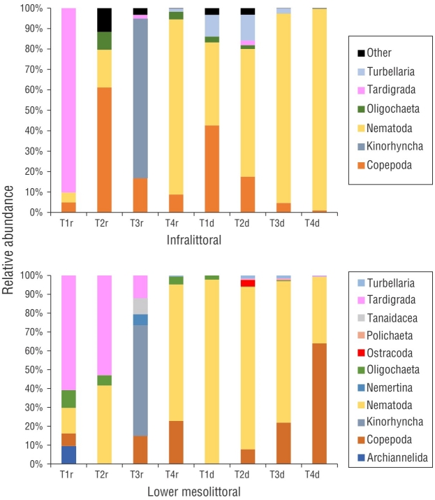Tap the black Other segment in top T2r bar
pyautogui.click(x=104, y=20)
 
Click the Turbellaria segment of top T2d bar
pyautogui.click(x=249, y=28)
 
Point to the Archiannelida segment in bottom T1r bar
pyautogui.click(x=68, y=455)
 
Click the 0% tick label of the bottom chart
pyautogui.click(x=34, y=464)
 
